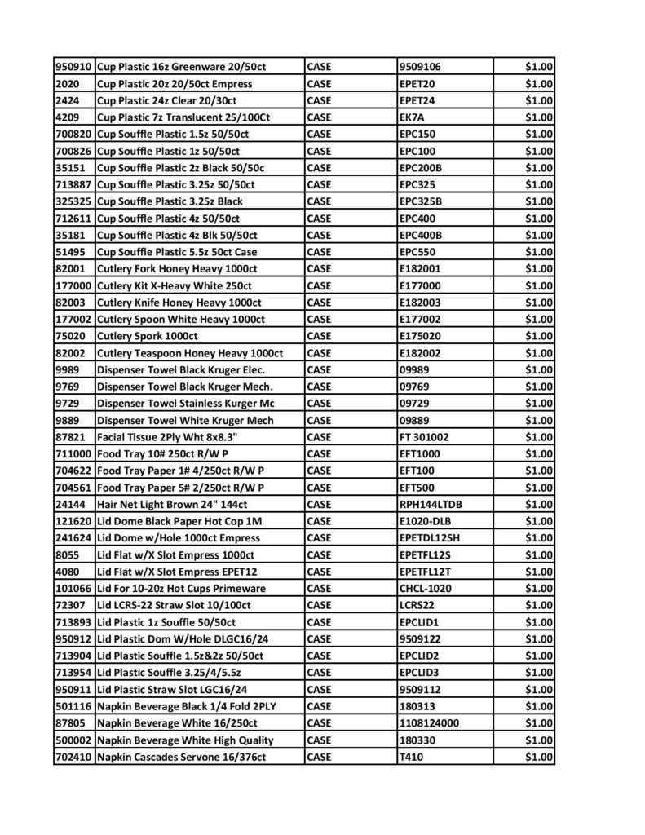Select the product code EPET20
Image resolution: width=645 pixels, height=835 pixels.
click(x=417, y=84)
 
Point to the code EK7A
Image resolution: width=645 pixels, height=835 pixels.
click(x=412, y=117)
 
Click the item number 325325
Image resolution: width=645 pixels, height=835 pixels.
click(x=74, y=201)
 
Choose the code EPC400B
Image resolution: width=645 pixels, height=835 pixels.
click(x=422, y=235)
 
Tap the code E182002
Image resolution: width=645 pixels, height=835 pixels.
click(x=422, y=353)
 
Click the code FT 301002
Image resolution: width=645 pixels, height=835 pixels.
click(x=424, y=437)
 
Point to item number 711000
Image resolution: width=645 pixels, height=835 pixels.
click(x=74, y=454)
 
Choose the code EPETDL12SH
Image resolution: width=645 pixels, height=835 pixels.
click(x=430, y=538)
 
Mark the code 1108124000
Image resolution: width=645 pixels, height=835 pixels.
click(x=429, y=723)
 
